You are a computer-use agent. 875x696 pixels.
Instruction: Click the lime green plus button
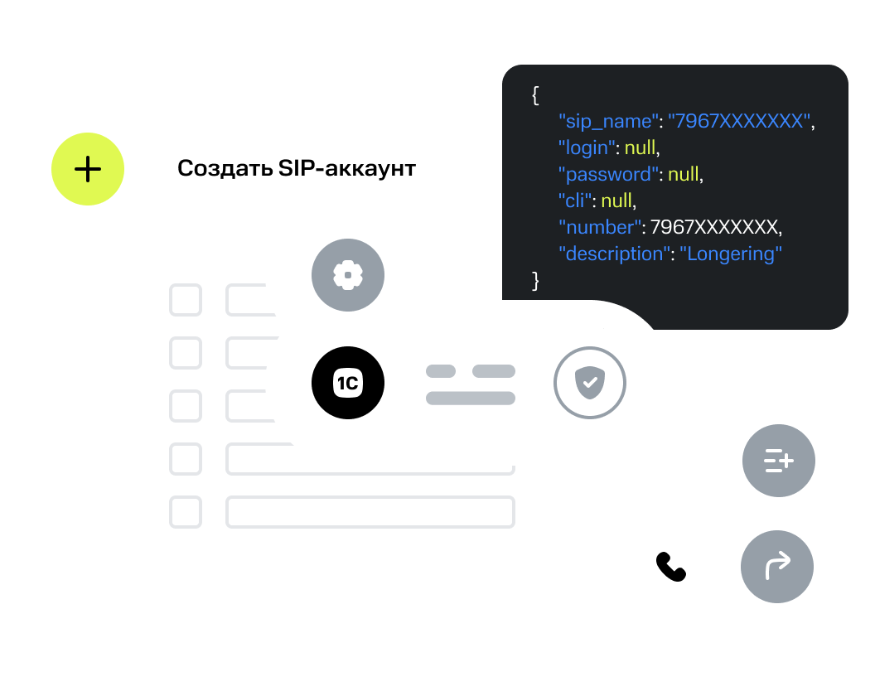point(88,169)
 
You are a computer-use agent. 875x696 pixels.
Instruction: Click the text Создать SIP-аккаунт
point(297,169)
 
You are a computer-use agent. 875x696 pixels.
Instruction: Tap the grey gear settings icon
point(348,274)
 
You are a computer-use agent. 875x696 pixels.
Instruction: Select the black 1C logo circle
point(348,383)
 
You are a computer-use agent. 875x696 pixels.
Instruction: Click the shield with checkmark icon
point(589,383)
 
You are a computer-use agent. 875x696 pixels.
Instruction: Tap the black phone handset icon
point(670,567)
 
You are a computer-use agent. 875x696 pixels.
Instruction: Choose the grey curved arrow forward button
point(777,567)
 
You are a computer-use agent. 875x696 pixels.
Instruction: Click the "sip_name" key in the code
point(608,122)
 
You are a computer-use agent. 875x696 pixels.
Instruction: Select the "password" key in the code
point(607,175)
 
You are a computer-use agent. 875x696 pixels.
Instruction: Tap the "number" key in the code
point(601,228)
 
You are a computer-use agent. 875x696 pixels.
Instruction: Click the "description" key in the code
point(615,254)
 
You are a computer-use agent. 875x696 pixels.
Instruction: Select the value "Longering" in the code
point(731,254)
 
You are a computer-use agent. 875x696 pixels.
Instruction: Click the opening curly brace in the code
point(535,95)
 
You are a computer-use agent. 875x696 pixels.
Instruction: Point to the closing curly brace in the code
point(535,281)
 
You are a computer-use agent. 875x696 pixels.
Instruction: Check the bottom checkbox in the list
point(186,512)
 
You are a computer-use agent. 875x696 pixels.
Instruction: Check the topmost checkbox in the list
point(186,300)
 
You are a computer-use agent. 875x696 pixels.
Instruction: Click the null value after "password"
point(684,175)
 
